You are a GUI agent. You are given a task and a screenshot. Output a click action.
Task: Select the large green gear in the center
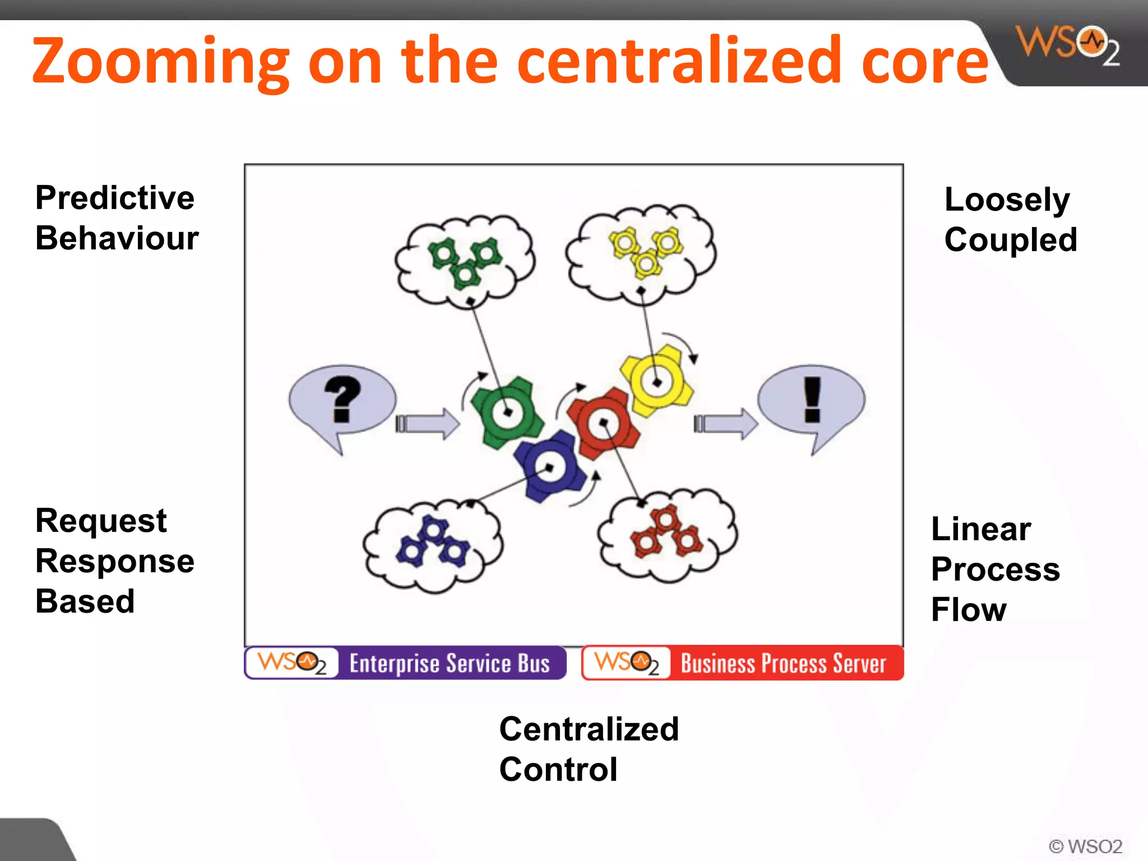(507, 413)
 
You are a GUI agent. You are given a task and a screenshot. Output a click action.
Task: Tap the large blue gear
(549, 467)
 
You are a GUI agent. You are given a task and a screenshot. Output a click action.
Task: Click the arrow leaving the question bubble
(427, 423)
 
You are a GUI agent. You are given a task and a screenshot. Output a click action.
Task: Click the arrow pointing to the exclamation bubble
(725, 423)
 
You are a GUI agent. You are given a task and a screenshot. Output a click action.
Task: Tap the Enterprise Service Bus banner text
(450, 664)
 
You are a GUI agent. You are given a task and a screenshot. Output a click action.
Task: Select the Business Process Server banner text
(783, 664)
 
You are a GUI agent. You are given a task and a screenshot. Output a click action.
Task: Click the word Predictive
(114, 198)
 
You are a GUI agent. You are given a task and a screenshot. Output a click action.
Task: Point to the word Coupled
(1010, 240)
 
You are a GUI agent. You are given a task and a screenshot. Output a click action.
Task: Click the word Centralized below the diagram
(589, 729)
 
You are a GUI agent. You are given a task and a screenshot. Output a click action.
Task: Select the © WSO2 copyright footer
(1085, 846)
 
